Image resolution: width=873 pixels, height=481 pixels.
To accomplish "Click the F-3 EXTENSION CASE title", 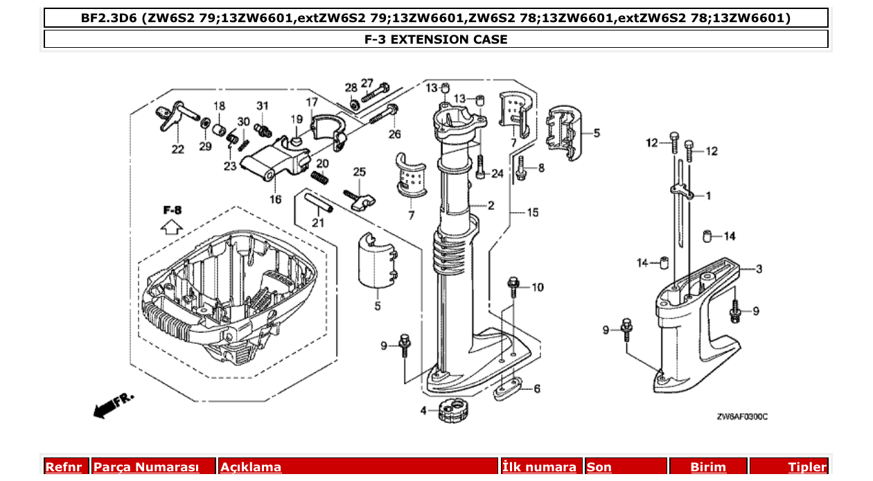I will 436,40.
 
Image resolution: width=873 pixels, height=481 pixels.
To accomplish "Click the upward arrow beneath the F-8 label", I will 171,226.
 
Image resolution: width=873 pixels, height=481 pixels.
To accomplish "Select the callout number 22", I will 178,150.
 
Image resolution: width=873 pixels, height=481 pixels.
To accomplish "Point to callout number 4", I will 424,410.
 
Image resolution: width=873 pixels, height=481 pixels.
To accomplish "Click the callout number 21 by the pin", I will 318,222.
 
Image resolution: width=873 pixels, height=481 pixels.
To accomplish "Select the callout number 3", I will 759,268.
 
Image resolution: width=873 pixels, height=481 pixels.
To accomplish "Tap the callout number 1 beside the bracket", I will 708,196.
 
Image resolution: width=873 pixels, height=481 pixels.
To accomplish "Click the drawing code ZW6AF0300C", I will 742,417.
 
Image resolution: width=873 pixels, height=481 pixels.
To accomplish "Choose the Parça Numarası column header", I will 146,467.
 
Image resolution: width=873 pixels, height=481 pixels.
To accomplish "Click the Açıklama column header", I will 251,467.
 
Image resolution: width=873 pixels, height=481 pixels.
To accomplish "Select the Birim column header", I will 708,467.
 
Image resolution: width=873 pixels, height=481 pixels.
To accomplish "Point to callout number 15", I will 532,213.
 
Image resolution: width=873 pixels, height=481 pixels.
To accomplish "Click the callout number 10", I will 538,287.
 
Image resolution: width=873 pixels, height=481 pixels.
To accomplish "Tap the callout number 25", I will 359,171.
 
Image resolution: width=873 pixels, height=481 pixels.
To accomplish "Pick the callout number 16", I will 276,200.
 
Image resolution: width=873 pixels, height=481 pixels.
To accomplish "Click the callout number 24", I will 497,173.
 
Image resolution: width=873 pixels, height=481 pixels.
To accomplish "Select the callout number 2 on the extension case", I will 491,205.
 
